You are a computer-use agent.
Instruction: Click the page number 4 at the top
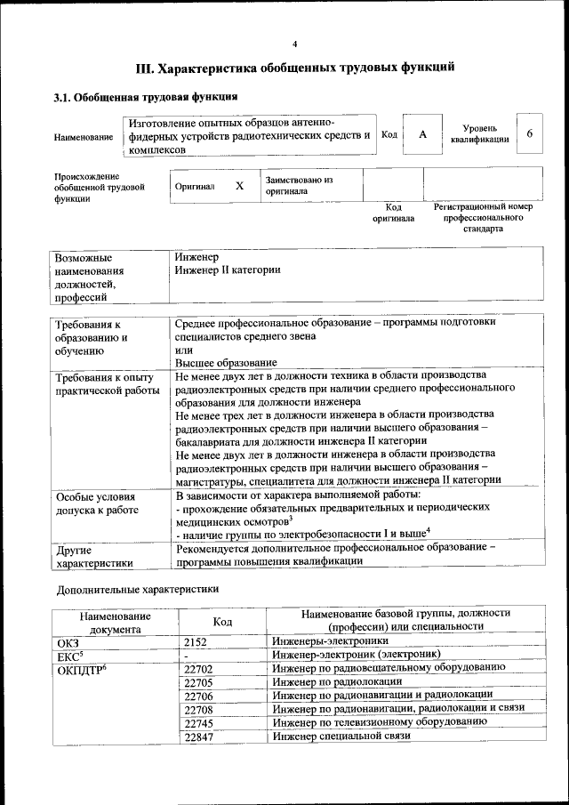click(295, 44)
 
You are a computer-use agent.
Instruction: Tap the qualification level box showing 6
click(530, 133)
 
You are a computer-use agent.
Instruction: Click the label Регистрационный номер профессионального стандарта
click(483, 217)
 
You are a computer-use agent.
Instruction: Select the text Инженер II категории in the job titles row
click(228, 270)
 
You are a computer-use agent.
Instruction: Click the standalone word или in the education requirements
click(184, 350)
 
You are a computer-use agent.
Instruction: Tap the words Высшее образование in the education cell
click(226, 363)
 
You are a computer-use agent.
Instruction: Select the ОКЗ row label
click(68, 640)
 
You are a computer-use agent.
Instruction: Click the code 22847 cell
click(201, 737)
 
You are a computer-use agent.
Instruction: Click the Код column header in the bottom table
click(223, 621)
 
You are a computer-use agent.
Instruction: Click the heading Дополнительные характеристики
click(138, 589)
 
